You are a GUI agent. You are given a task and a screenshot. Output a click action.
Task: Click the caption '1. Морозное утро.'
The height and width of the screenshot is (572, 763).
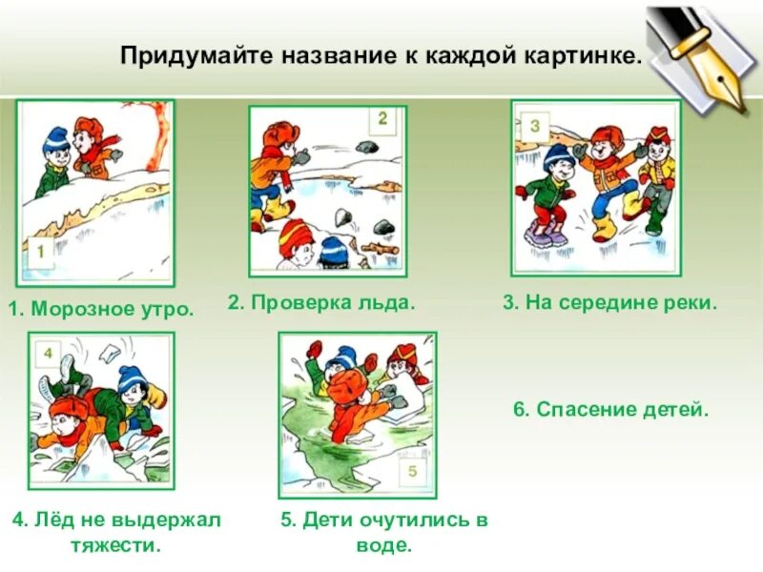[100, 309]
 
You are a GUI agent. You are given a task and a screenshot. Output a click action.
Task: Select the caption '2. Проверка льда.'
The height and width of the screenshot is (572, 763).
[321, 302]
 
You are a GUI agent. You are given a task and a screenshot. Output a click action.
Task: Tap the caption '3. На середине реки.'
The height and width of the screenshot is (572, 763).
[609, 302]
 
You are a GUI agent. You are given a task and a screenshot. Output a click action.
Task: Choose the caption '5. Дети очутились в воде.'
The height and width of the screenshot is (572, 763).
[383, 532]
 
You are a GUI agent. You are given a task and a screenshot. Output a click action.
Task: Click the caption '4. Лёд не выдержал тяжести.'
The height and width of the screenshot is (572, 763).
[116, 532]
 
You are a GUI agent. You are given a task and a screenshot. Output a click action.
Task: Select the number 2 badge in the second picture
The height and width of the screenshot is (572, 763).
[381, 121]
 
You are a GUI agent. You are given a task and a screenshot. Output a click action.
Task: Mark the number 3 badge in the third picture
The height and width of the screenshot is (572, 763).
[534, 125]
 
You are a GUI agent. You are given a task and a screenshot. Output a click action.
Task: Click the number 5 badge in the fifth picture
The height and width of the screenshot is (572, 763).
[412, 472]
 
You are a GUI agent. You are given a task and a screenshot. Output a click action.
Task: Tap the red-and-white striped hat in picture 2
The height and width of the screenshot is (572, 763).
[298, 233]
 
